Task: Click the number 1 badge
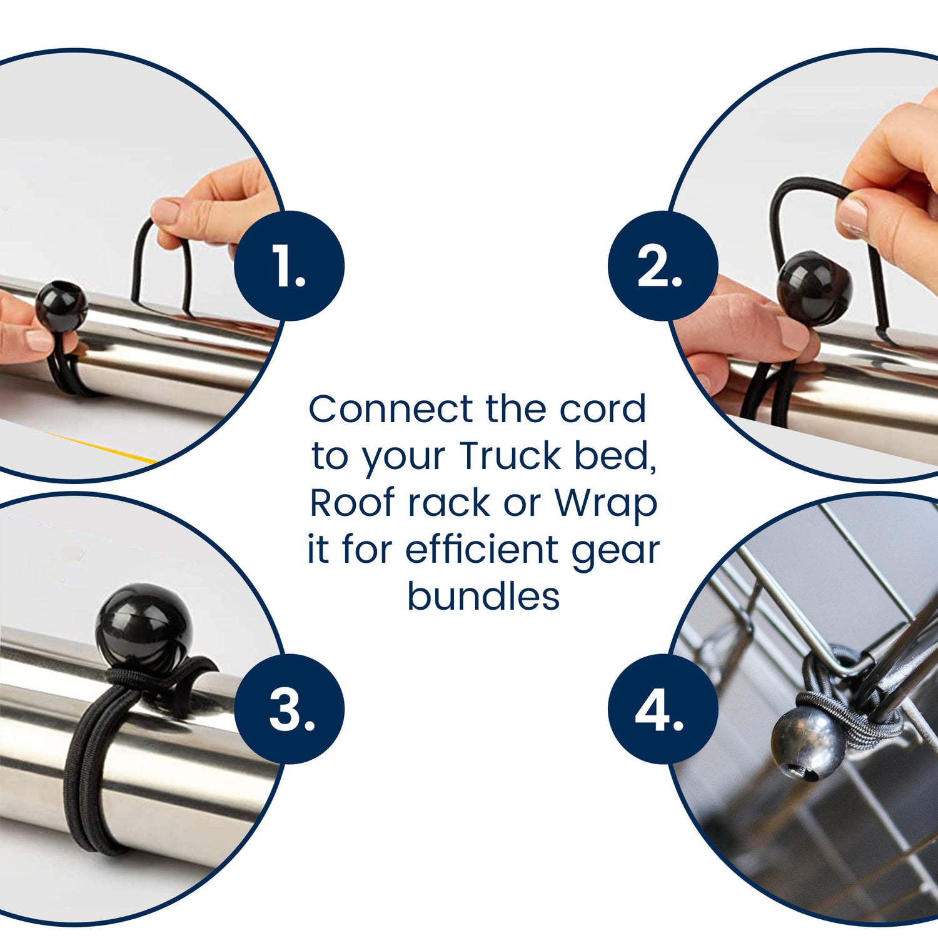point(289,266)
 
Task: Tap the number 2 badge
point(663,266)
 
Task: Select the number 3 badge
point(290,709)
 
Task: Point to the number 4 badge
point(663,709)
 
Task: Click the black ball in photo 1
point(61,308)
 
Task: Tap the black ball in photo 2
point(814,288)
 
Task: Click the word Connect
point(391,409)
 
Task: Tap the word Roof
point(353,502)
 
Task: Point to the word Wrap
point(606,505)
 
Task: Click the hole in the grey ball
point(807,774)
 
